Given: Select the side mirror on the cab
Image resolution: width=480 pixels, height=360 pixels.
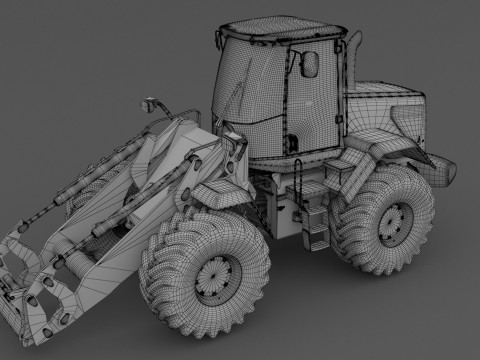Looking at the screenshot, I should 310,65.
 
